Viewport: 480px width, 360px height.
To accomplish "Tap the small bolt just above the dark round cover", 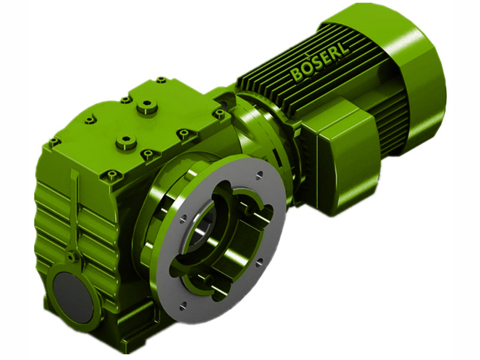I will [71, 257].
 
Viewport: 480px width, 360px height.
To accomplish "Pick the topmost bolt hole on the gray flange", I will [259, 175].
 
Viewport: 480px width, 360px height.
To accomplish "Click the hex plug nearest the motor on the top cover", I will [146, 108].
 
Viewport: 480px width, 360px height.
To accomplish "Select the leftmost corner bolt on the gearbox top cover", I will [54, 142].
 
